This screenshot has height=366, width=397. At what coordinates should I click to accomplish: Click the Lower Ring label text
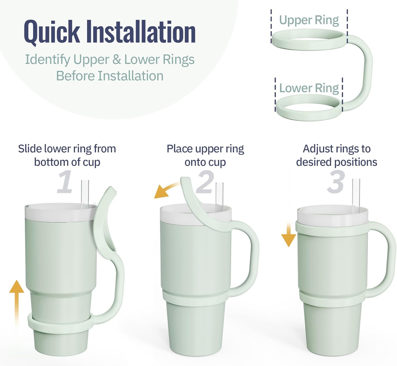[309, 88]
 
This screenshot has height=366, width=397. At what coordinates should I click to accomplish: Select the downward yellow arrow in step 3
[288, 235]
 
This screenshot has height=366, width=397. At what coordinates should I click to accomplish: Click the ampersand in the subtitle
[116, 59]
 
